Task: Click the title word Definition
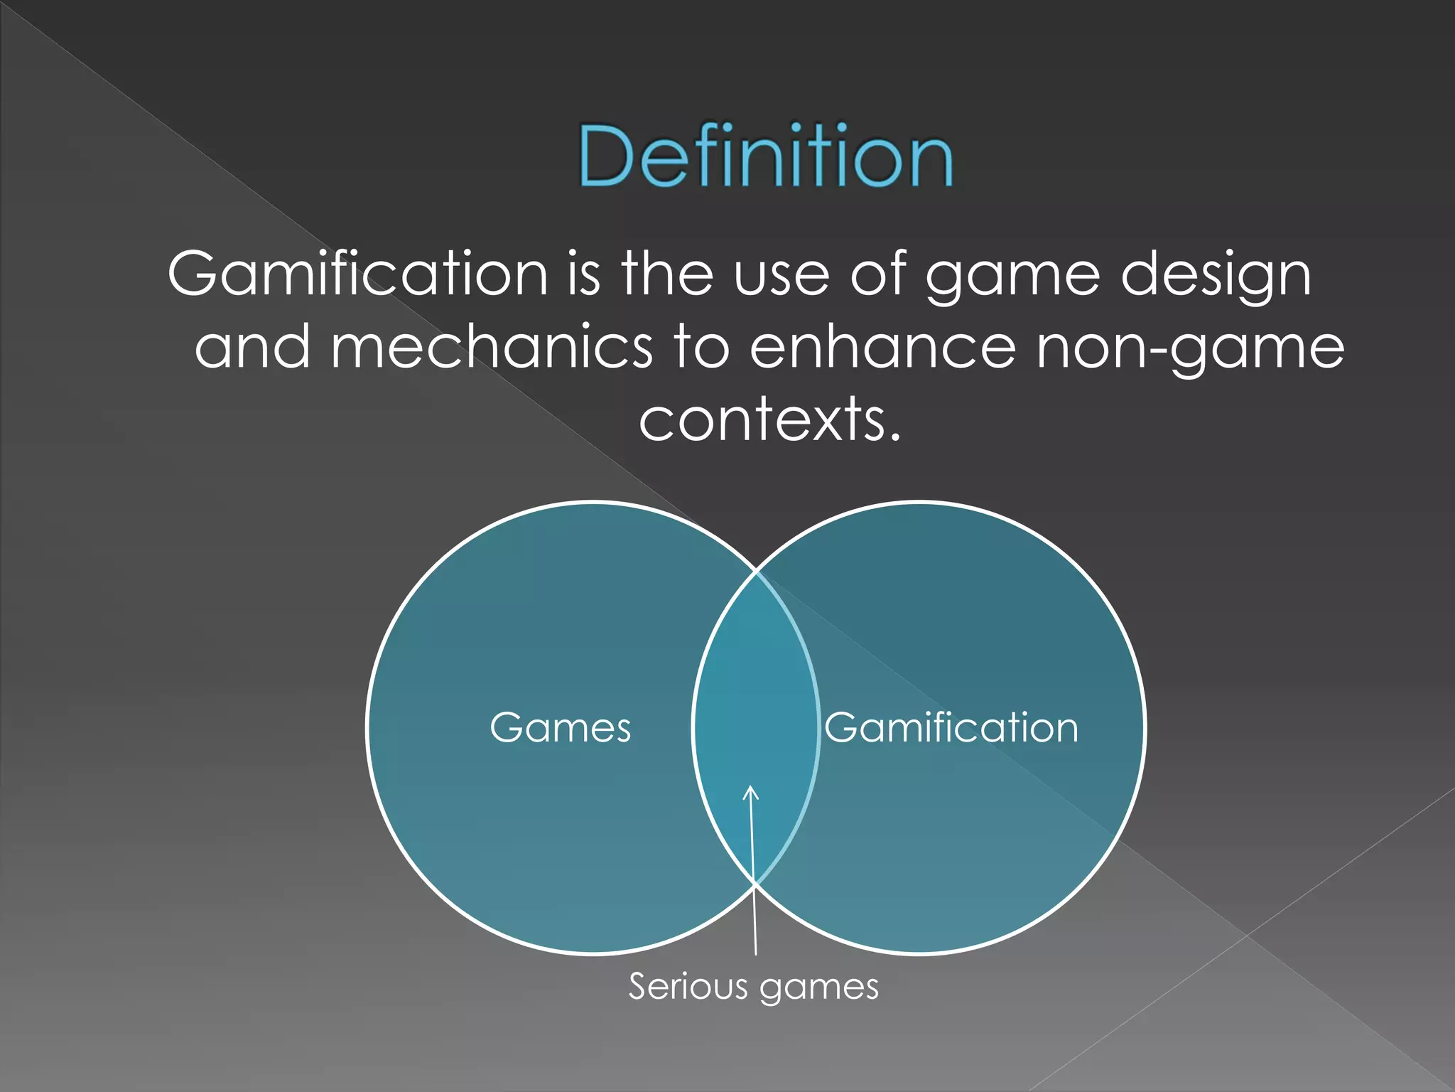[766, 156]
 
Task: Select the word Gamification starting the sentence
[357, 274]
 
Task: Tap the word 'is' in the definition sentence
[583, 274]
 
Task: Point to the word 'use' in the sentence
[781, 276]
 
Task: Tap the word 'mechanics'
[491, 348]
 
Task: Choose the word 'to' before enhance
[701, 348]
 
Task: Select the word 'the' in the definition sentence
[667, 274]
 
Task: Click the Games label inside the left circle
[561, 728]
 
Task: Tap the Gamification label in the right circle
[951, 728]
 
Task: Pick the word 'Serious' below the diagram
[688, 987]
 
